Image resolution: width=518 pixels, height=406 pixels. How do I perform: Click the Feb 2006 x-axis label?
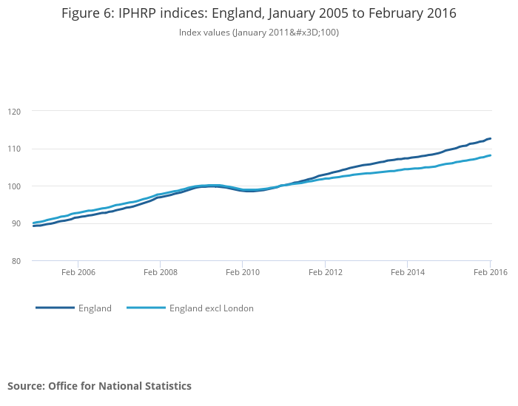pos(78,272)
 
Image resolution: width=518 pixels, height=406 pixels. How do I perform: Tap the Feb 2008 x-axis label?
pos(161,272)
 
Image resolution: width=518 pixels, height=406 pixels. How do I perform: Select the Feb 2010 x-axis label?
pos(243,272)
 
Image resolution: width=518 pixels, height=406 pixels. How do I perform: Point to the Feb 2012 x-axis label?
pos(326,272)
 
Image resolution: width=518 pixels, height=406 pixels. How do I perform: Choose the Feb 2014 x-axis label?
pos(408,272)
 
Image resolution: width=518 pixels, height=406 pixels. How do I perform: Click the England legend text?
pos(95,308)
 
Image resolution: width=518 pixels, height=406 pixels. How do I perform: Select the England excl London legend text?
pos(211,308)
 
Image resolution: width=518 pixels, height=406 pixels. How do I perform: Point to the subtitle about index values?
pos(259,33)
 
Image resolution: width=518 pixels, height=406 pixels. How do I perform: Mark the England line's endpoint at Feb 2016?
pos(490,138)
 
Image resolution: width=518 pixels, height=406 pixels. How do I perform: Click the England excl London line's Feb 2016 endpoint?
pos(490,155)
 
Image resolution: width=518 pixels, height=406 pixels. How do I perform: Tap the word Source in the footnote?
pos(25,386)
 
